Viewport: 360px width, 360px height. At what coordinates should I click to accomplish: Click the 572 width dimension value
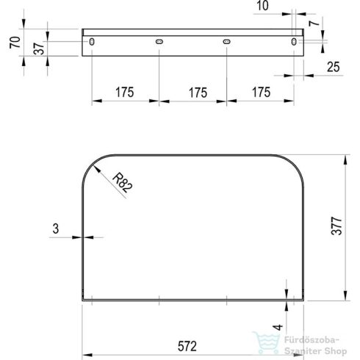187,346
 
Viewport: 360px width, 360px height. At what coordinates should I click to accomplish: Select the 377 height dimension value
336,226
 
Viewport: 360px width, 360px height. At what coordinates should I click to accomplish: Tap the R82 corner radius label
123,182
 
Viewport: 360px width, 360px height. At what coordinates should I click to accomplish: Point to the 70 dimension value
15,43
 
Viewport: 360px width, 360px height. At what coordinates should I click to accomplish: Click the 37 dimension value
39,48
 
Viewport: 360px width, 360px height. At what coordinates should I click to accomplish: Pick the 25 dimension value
334,67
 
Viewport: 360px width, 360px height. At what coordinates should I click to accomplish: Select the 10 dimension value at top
262,6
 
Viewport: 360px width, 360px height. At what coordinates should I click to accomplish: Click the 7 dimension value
314,23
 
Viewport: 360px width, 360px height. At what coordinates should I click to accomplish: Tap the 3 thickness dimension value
56,228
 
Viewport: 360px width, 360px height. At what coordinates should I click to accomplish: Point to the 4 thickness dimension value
278,327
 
